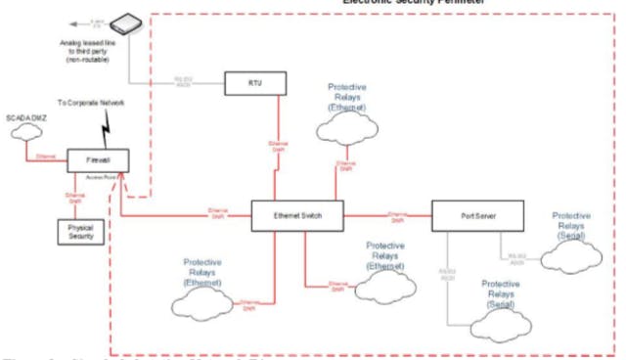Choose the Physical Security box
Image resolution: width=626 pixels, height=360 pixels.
point(80,231)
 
